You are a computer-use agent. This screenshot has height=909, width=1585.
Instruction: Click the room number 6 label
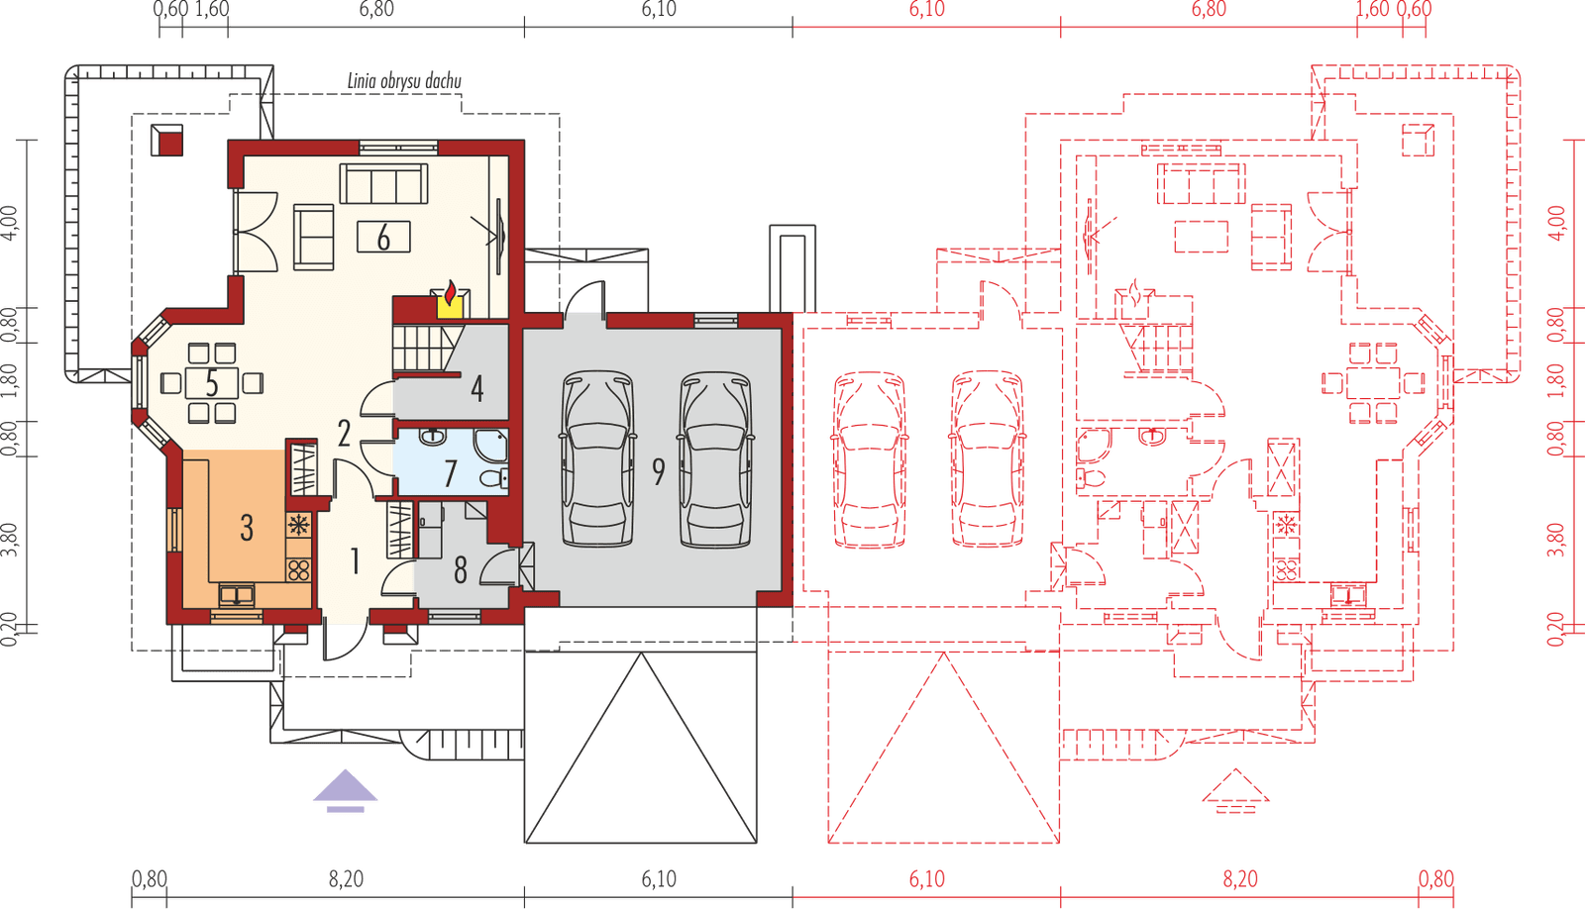tap(383, 237)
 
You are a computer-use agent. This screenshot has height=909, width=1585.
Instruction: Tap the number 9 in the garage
tap(658, 472)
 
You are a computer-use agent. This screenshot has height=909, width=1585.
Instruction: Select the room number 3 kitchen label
tap(247, 527)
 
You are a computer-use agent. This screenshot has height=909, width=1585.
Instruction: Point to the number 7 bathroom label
tap(451, 473)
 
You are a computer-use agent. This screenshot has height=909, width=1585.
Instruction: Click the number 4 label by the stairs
tap(476, 387)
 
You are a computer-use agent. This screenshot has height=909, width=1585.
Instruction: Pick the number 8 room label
tap(460, 570)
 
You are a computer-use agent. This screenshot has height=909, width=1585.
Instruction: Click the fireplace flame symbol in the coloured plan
tap(451, 295)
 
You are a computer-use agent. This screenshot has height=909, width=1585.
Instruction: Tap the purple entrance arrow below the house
tap(346, 790)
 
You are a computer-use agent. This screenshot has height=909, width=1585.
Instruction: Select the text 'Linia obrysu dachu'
tap(404, 81)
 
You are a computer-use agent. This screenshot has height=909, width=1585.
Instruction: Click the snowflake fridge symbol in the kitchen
tap(298, 523)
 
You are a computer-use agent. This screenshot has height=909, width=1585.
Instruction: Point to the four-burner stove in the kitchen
tap(298, 569)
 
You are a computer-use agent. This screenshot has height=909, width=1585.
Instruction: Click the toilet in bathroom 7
tap(491, 479)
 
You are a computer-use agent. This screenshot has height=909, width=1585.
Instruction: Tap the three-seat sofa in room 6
tap(384, 183)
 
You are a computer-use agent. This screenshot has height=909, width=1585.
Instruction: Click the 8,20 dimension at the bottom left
tap(346, 878)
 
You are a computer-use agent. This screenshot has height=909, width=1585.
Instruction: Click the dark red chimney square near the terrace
tap(166, 141)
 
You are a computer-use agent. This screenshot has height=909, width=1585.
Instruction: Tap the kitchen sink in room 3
tap(237, 594)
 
